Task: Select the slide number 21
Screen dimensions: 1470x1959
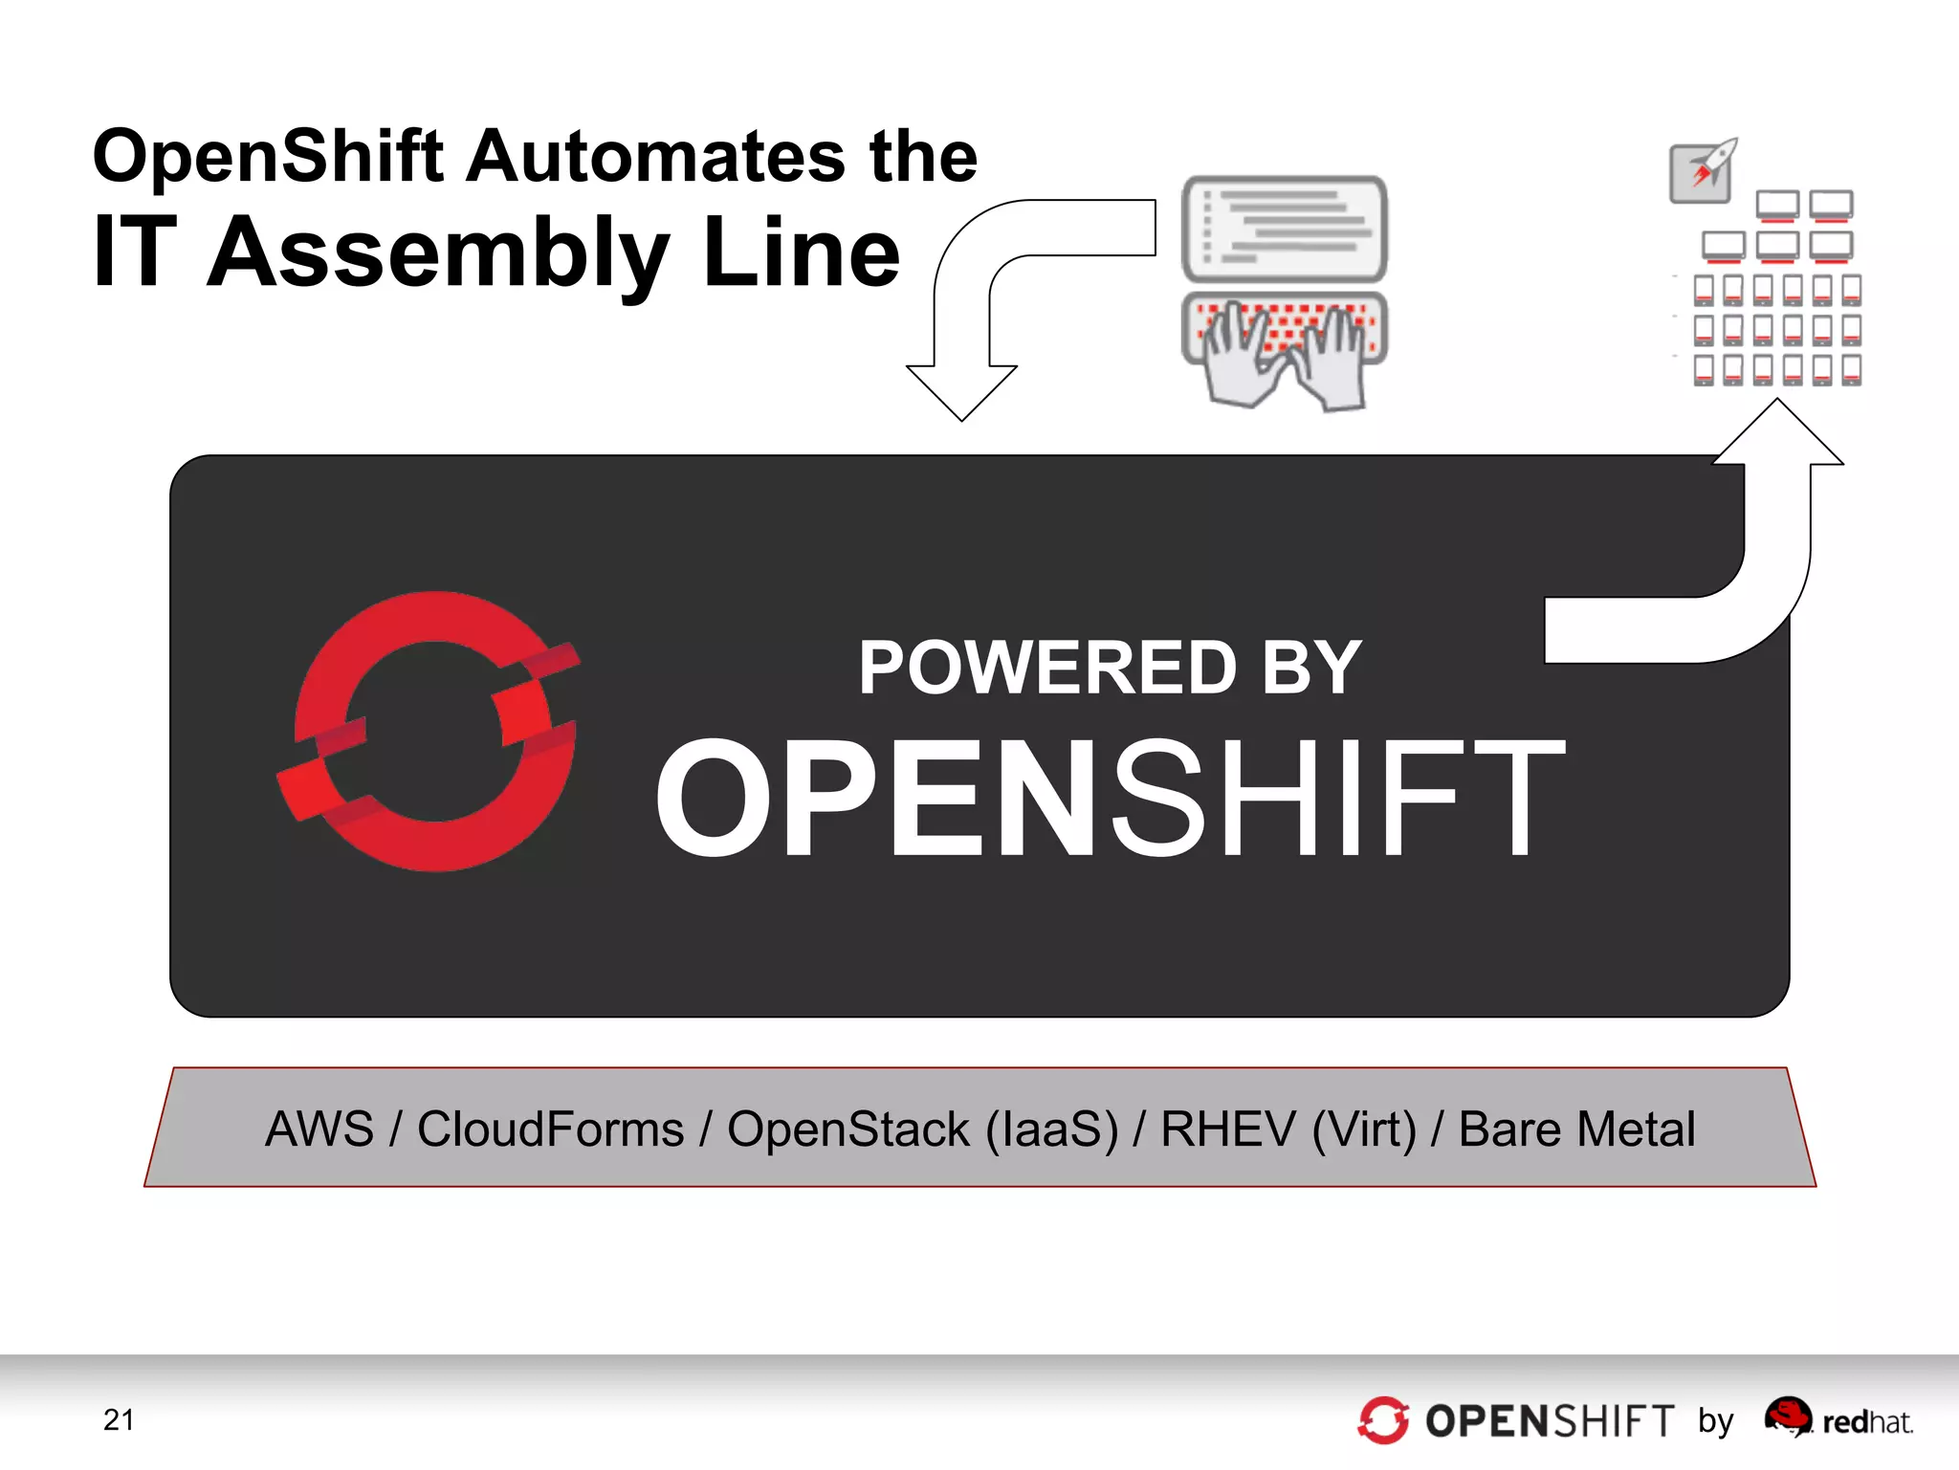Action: (119, 1419)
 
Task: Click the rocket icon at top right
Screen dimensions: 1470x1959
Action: (1703, 170)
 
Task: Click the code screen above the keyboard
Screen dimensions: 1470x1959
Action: (1284, 229)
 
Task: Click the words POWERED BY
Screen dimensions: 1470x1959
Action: (1110, 668)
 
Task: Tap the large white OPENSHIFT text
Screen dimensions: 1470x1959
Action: (1110, 799)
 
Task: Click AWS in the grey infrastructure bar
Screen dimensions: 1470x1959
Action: (319, 1130)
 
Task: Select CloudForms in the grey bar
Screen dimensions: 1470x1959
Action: (550, 1130)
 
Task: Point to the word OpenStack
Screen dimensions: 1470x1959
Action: (848, 1130)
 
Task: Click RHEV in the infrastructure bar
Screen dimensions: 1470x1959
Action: (1227, 1130)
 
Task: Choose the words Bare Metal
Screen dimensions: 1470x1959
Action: (1576, 1130)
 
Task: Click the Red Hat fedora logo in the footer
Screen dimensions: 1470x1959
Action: (1788, 1416)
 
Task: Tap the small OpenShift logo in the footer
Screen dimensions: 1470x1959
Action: (1383, 1420)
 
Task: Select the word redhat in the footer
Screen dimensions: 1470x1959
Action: (1867, 1423)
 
